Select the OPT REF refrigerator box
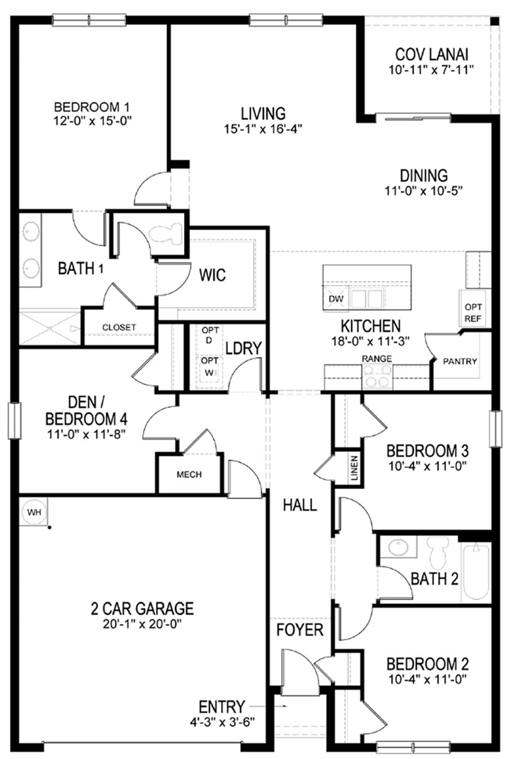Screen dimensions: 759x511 pos(473,313)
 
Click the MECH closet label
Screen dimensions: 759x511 pos(189,475)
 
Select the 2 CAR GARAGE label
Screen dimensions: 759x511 pos(142,609)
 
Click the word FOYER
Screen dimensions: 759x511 pos(299,631)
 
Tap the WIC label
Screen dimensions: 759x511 pos(212,275)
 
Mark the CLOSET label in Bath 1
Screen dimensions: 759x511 pos(118,327)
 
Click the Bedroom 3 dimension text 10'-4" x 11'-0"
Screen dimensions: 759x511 pos(427,466)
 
